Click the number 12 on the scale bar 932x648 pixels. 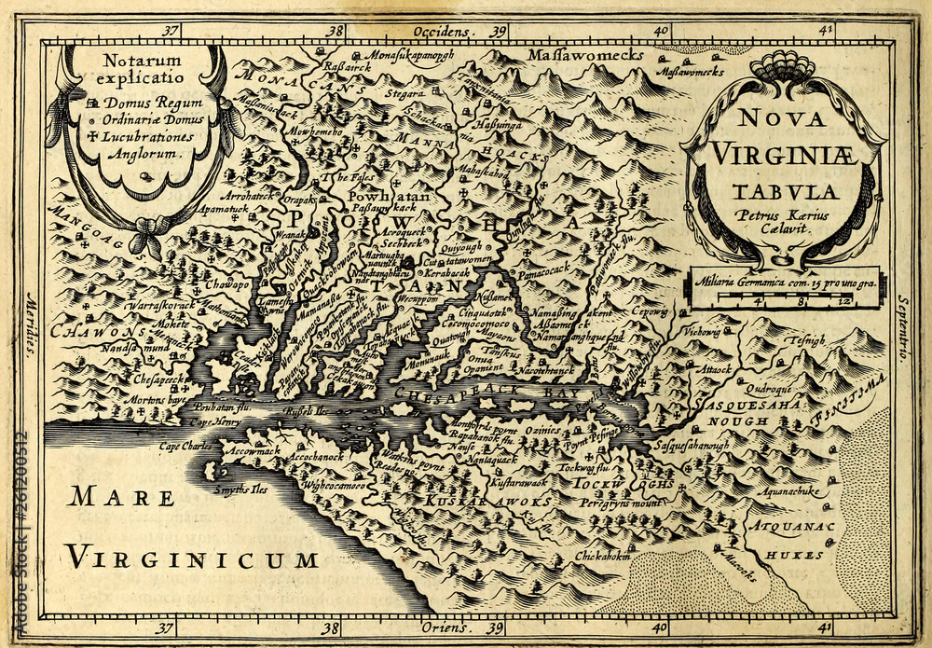point(843,302)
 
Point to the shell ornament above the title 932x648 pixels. point(781,66)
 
